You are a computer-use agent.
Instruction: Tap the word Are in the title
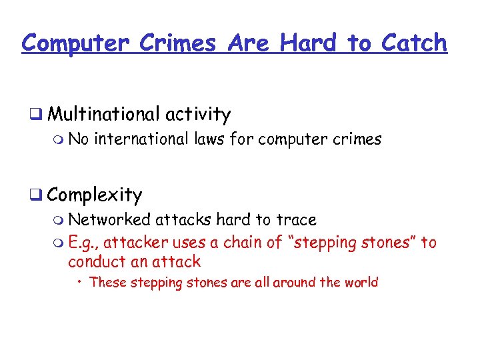coord(249,43)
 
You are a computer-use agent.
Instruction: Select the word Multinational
coord(103,115)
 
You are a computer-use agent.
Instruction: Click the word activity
coord(198,115)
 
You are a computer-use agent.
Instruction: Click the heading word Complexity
coord(95,195)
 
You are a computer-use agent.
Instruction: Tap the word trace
coord(296,219)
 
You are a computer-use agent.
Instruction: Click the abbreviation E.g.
coord(83,243)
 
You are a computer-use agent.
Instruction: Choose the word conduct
coord(95,261)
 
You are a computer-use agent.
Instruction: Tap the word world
coord(360,282)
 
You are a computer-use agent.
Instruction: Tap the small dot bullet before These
coord(80,282)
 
